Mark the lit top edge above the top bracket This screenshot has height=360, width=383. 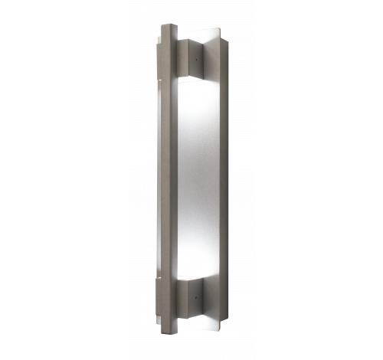(201, 37)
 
